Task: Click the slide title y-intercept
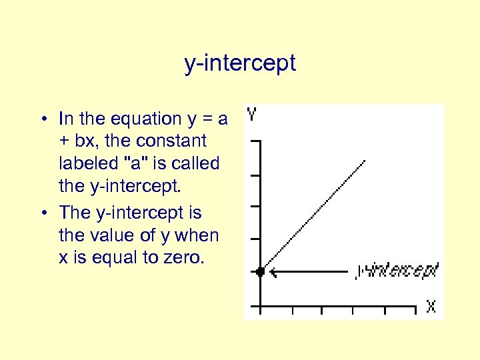pos(240,64)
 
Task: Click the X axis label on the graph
pos(431,306)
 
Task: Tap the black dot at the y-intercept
pos(261,271)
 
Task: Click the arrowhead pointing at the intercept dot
pos(273,271)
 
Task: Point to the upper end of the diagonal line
pos(365,161)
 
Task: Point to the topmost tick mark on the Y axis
pos(254,142)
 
